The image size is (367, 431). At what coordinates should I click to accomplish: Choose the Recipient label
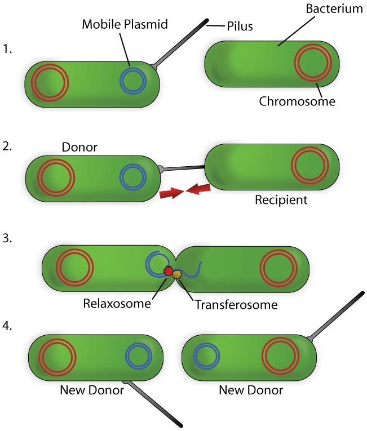tap(281, 199)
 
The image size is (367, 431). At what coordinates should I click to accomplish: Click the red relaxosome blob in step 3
tap(168, 272)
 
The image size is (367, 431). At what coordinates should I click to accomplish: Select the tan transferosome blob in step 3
tap(177, 274)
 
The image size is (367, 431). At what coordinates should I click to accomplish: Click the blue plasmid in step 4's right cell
tap(206, 357)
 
